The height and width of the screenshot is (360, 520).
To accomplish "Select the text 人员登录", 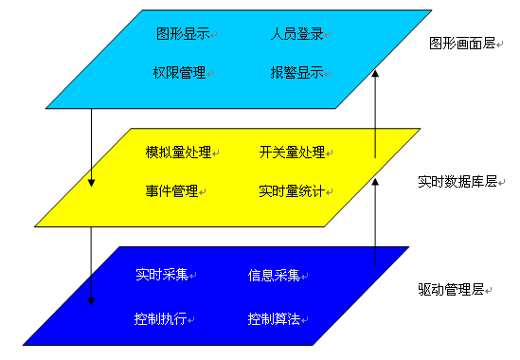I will [x=296, y=34].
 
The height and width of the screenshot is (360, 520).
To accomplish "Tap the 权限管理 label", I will [x=178, y=72].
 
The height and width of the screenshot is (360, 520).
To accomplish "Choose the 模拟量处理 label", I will [x=179, y=153].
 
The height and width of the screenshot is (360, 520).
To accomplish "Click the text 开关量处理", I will [x=292, y=153].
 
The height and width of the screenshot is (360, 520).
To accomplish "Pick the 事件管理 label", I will [x=171, y=190].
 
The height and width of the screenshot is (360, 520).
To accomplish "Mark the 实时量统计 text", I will [x=292, y=190].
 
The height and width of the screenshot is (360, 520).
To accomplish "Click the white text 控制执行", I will [x=160, y=317].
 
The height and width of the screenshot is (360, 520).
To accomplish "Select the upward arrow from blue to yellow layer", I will [x=376, y=218].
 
